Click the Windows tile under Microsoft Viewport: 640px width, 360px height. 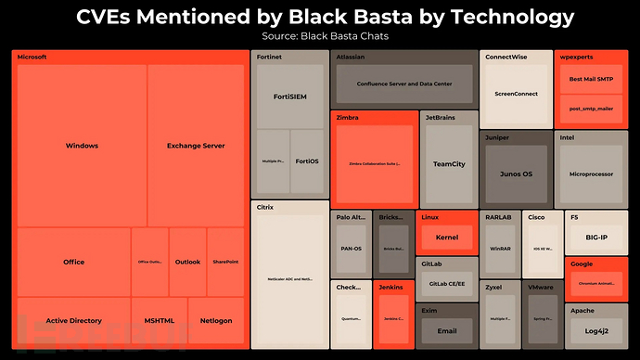point(82,146)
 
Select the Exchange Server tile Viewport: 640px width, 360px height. point(196,146)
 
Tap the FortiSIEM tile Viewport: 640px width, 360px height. point(289,96)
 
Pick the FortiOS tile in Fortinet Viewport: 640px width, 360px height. point(307,161)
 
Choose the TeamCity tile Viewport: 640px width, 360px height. point(450,164)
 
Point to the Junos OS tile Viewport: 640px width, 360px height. point(516,174)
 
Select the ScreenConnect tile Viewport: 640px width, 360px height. point(517,94)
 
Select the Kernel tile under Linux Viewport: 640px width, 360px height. point(447,238)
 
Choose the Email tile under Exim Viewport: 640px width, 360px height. point(447,331)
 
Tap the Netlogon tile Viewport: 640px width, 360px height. point(216,320)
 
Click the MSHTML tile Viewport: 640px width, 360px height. point(159,320)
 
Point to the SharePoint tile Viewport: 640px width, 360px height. point(225,262)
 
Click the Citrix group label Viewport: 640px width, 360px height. point(264,207)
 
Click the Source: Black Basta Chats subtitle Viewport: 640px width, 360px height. point(320,36)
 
